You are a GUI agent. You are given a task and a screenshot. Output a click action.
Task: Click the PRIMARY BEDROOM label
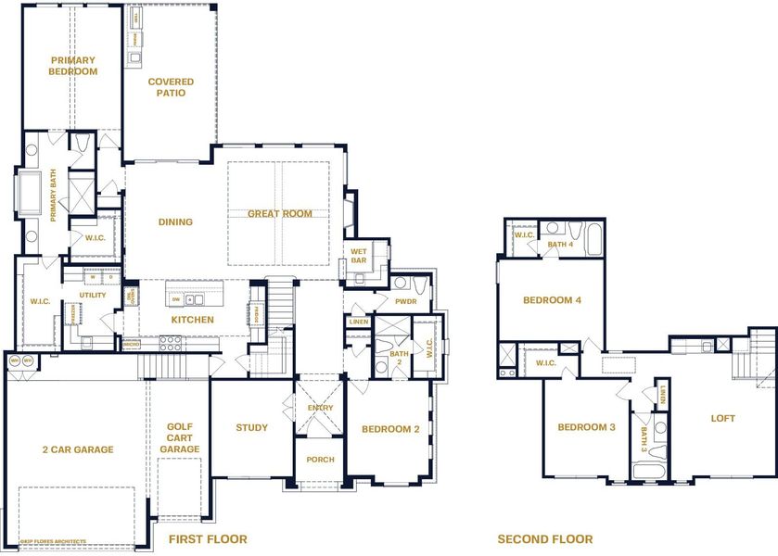73,66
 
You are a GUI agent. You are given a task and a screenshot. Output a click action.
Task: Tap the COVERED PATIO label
172,87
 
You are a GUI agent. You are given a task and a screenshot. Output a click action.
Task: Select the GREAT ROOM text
279,213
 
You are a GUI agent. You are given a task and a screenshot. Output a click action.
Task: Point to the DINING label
175,221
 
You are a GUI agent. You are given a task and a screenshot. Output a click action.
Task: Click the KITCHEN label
192,320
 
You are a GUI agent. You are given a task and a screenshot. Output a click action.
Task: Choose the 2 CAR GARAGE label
77,449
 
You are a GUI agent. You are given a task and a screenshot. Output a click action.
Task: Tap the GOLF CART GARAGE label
180,437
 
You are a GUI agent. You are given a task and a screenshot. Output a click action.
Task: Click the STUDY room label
251,427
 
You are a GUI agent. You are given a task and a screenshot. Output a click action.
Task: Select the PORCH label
320,460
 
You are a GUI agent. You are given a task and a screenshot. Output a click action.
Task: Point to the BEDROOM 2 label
390,428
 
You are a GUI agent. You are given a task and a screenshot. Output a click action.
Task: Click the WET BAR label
358,256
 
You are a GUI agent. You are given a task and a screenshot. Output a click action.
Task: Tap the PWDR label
406,301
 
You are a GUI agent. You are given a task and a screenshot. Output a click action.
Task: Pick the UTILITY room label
93,296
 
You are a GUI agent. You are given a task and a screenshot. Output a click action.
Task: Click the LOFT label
723,418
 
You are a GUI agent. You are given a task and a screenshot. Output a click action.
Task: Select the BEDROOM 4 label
552,300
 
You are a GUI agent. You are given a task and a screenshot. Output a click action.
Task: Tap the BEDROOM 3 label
586,427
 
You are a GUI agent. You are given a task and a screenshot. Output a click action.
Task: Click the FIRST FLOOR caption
207,538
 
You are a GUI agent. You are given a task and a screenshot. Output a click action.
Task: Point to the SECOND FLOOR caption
544,538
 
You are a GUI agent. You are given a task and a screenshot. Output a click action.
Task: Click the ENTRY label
320,408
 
